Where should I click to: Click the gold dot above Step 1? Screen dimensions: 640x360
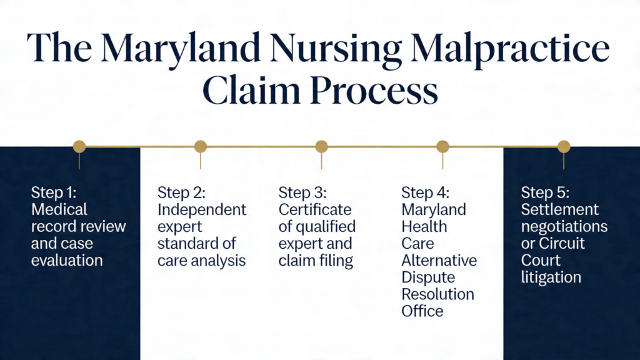pos(79,146)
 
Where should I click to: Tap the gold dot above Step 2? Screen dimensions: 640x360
pos(201,146)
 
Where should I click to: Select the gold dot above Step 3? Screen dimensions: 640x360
pos(322,146)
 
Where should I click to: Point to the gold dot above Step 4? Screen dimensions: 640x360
pos(443,146)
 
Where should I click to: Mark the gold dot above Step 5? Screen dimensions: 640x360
pos(564,146)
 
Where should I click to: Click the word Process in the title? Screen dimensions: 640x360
pos(374,91)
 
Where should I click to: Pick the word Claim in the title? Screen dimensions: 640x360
pos(251,90)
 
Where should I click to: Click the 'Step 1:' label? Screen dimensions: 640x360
pos(54,192)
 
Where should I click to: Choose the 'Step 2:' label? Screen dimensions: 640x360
pos(182,192)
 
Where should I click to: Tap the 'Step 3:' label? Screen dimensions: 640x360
pos(302,192)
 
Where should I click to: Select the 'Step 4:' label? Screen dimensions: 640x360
pos(425,192)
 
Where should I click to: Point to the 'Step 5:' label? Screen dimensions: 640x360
pos(545,192)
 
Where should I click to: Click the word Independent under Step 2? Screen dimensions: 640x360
pos(202,210)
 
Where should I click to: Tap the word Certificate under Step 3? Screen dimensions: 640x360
pos(315,210)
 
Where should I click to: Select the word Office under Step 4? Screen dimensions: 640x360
pos(422,311)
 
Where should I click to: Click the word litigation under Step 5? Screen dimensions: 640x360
pos(551,277)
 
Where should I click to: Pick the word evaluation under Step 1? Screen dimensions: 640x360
pos(67,261)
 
